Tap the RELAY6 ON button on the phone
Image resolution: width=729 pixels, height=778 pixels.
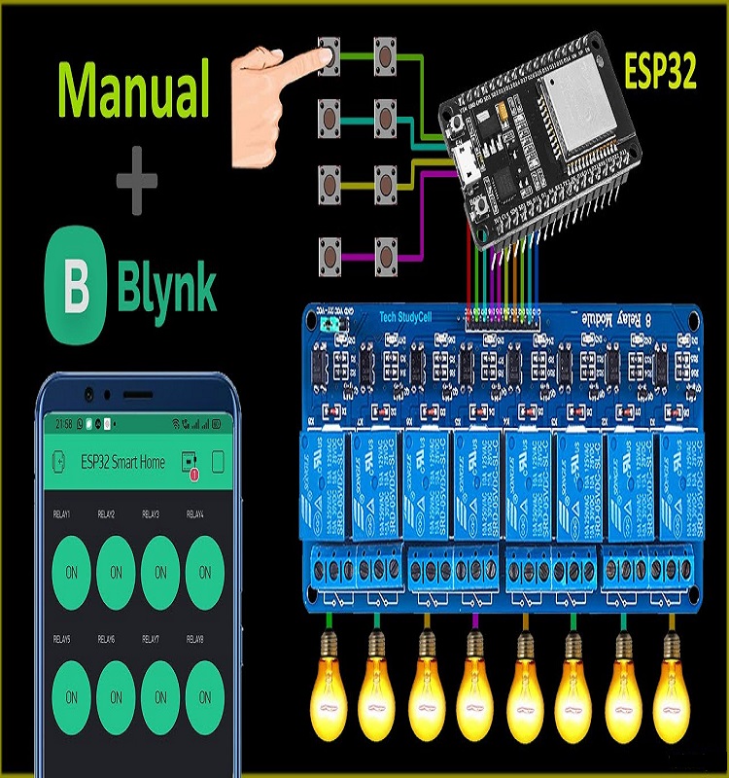pos(116,697)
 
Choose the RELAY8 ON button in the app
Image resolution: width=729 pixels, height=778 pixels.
pos(205,697)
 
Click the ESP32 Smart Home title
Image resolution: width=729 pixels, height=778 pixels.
pos(122,462)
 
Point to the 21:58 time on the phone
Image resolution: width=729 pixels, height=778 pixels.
pos(63,425)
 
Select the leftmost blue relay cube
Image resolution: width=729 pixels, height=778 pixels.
pos(322,486)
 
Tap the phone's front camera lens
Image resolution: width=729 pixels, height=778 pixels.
pos(89,395)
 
